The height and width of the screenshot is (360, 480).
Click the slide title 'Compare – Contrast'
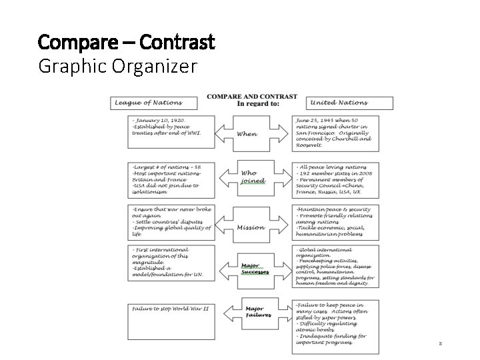coord(127,43)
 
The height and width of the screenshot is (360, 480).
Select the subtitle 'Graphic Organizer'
coord(118,67)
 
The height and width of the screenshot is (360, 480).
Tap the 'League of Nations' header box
coord(155,103)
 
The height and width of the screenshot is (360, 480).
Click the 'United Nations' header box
coord(350,103)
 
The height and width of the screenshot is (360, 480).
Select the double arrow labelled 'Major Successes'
coord(253,269)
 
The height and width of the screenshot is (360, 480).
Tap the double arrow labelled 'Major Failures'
coord(253,311)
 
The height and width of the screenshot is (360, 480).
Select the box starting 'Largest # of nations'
coord(171,179)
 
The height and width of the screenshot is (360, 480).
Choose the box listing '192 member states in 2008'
coord(335,179)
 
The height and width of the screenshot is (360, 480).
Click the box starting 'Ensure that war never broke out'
coord(171,222)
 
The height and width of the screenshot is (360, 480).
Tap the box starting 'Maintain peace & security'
coord(335,222)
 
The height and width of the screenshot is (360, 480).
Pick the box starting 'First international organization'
coord(171,265)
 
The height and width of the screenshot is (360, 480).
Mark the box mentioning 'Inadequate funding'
coord(335,326)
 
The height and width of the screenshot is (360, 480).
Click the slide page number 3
coord(440,344)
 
